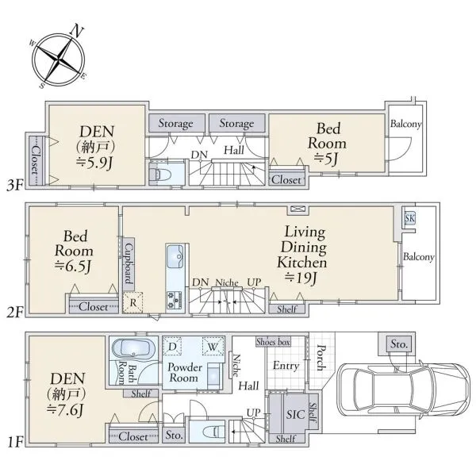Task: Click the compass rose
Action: coord(58,58)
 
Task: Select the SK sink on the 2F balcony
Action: coord(409,218)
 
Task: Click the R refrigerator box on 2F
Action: coord(132,303)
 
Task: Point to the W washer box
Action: coord(213,347)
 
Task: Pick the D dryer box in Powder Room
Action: coord(172,347)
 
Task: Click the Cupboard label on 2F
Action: coord(129,263)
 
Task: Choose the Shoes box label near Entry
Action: coord(273,342)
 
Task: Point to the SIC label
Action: coord(295,415)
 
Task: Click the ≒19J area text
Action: coord(301,277)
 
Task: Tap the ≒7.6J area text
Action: coord(64,410)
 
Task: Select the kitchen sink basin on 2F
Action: coord(175,256)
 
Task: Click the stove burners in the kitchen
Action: coord(175,300)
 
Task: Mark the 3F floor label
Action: coord(14,185)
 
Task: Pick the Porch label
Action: coord(321,358)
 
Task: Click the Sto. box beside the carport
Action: coord(399,344)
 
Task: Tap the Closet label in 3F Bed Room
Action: coord(286,180)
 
